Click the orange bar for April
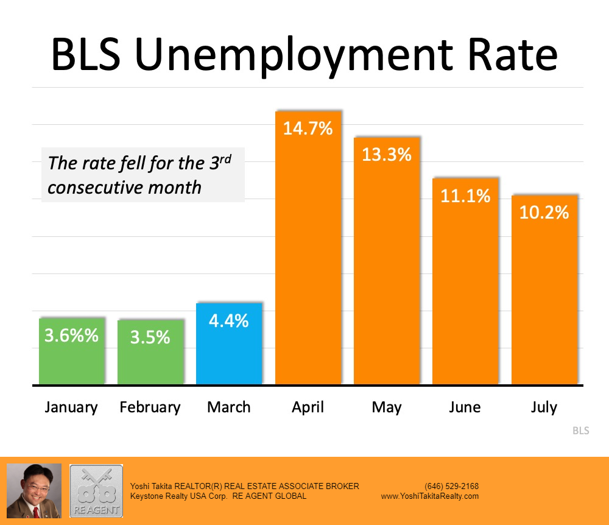[308, 256]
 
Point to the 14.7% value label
[308, 129]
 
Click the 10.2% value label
[544, 212]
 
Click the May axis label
[387, 407]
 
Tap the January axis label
[71, 407]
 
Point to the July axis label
[544, 407]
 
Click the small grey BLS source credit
[580, 431]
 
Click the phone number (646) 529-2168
[451, 486]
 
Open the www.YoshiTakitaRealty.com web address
[430, 496]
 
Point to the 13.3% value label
[387, 155]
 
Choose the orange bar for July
[544, 298]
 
